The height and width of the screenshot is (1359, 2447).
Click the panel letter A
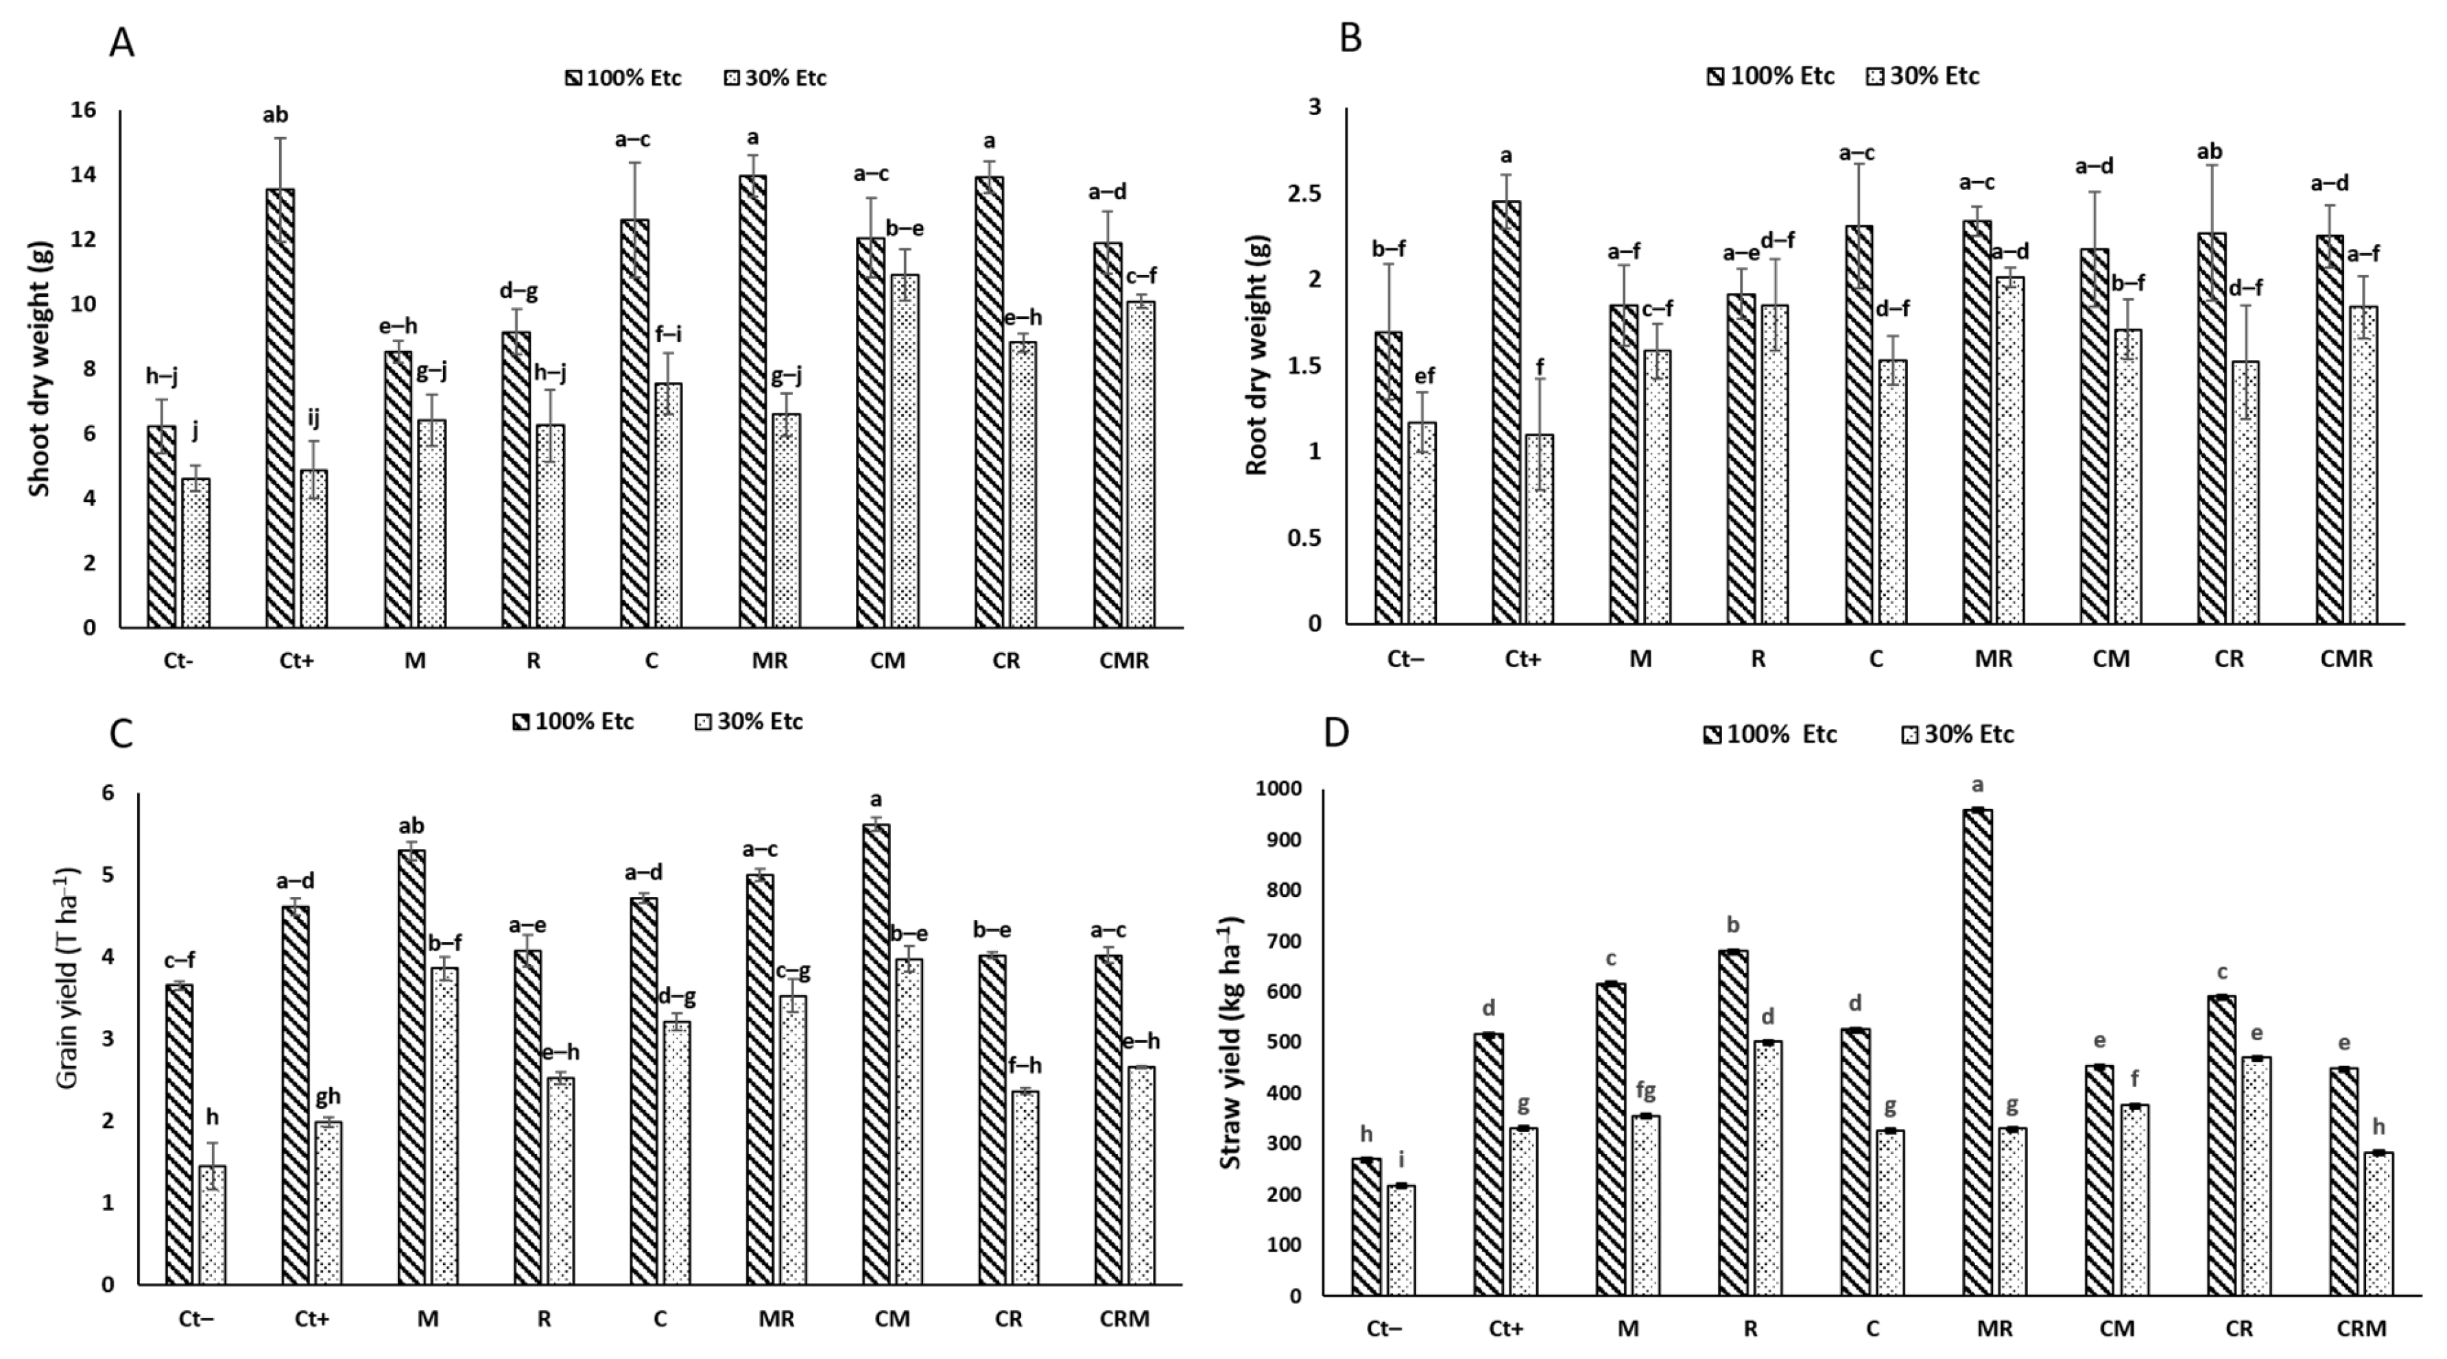(121, 43)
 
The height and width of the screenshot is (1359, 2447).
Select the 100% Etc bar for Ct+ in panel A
(280, 409)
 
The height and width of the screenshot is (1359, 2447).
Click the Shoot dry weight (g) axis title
(39, 368)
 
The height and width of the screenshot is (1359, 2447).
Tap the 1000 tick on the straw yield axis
(1278, 789)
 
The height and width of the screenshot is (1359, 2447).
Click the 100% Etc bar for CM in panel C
(876, 1054)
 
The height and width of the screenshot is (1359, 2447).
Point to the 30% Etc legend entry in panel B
(1924, 76)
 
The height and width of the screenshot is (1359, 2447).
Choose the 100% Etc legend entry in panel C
(573, 722)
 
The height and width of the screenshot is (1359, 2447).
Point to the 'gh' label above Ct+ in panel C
(328, 1097)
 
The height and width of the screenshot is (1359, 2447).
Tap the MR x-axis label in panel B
(1993, 659)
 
